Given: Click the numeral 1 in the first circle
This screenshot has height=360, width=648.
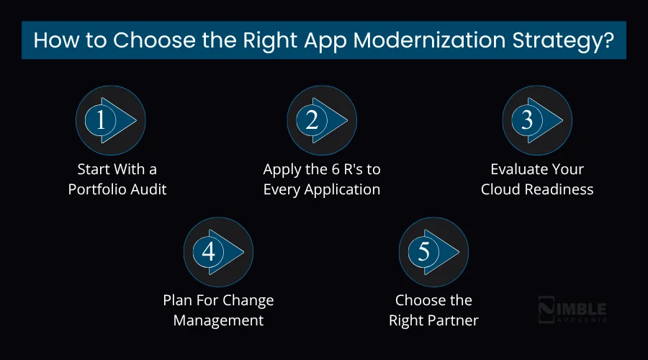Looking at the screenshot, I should click(x=101, y=120).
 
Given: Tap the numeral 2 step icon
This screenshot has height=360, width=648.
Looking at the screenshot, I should click(x=312, y=120).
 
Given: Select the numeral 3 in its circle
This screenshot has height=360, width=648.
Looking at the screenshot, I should click(x=527, y=120).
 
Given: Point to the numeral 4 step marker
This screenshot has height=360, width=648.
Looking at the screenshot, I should click(x=209, y=251).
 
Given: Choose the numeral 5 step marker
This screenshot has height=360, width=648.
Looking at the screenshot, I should click(x=424, y=251).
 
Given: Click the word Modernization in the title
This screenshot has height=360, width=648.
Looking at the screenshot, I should click(x=412, y=40).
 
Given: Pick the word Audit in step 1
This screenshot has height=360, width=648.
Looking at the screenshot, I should click(x=148, y=189).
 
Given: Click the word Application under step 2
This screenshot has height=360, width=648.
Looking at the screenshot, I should click(x=341, y=189).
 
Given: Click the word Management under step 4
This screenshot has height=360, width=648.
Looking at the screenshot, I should click(x=218, y=320).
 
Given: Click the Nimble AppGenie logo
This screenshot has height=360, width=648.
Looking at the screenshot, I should click(x=572, y=311).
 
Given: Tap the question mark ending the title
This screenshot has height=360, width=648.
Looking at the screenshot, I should click(x=608, y=40).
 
